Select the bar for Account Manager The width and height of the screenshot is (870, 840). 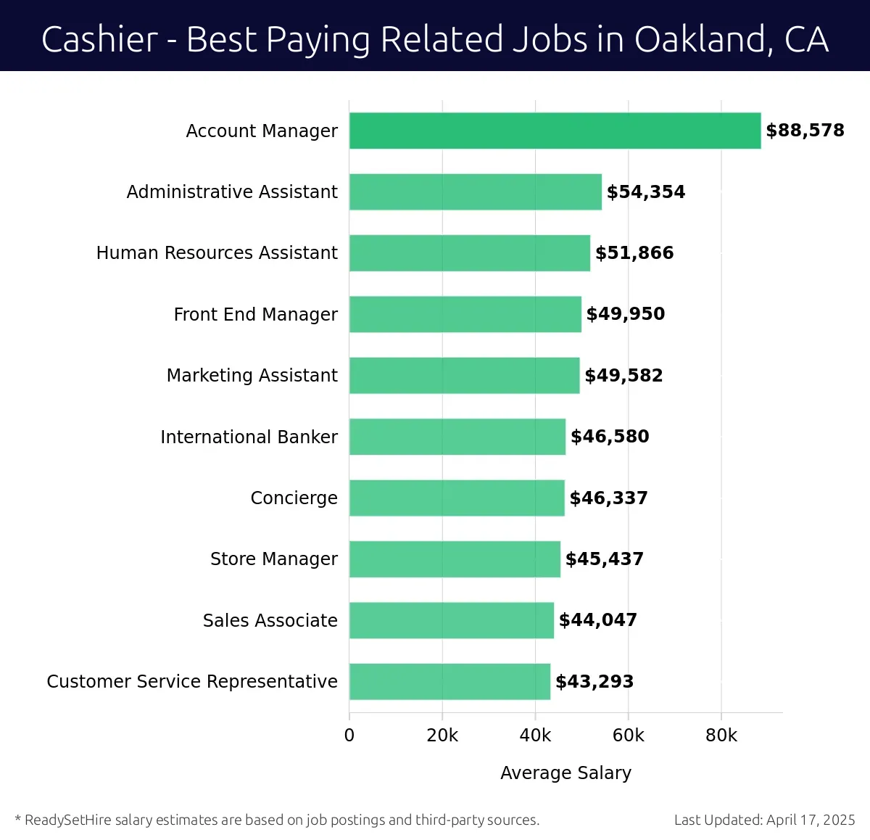tap(555, 131)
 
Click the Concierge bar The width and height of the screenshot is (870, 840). tap(457, 498)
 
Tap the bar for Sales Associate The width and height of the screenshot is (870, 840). tap(451, 620)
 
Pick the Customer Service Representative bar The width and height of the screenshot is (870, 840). tap(449, 681)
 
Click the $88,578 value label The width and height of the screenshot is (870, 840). tap(805, 131)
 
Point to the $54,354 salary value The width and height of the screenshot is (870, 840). tap(645, 192)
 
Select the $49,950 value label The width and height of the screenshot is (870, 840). tap(625, 314)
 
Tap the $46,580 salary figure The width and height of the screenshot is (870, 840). tap(610, 437)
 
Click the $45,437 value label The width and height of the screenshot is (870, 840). tap(604, 559)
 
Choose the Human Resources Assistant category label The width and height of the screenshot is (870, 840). tap(217, 253)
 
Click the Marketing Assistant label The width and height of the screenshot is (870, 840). tap(252, 375)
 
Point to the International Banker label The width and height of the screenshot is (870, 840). tap(249, 437)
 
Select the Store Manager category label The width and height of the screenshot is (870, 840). tap(273, 559)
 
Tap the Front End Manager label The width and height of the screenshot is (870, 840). tap(255, 314)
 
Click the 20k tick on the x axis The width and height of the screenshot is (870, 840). tap(442, 736)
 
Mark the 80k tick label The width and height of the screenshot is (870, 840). tap(721, 736)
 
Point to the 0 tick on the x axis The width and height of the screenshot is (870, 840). tap(349, 736)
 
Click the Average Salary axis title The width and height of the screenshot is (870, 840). tap(565, 773)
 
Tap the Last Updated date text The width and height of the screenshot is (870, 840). tap(764, 820)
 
